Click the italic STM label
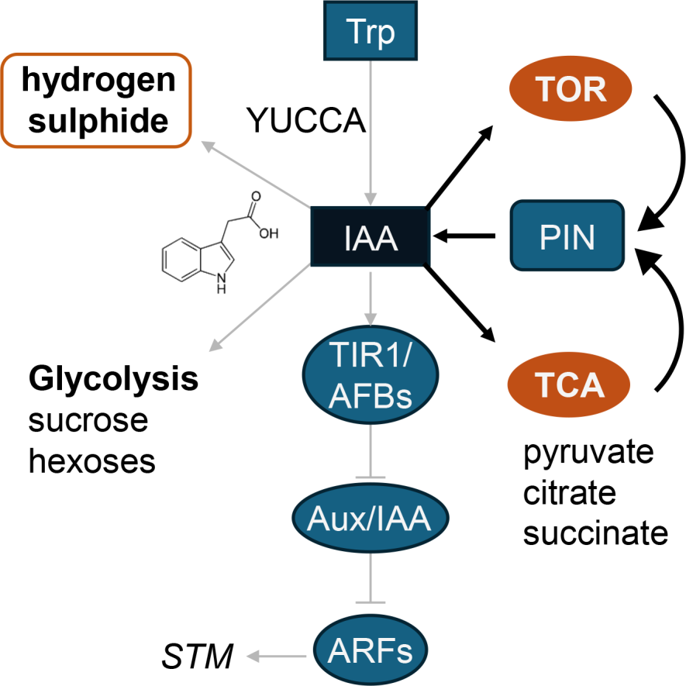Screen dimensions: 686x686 [x=198, y=658]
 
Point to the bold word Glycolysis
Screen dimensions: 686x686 [x=113, y=381]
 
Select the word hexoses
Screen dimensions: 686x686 [x=91, y=461]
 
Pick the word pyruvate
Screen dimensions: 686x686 [x=589, y=453]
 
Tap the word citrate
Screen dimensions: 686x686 [x=569, y=494]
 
